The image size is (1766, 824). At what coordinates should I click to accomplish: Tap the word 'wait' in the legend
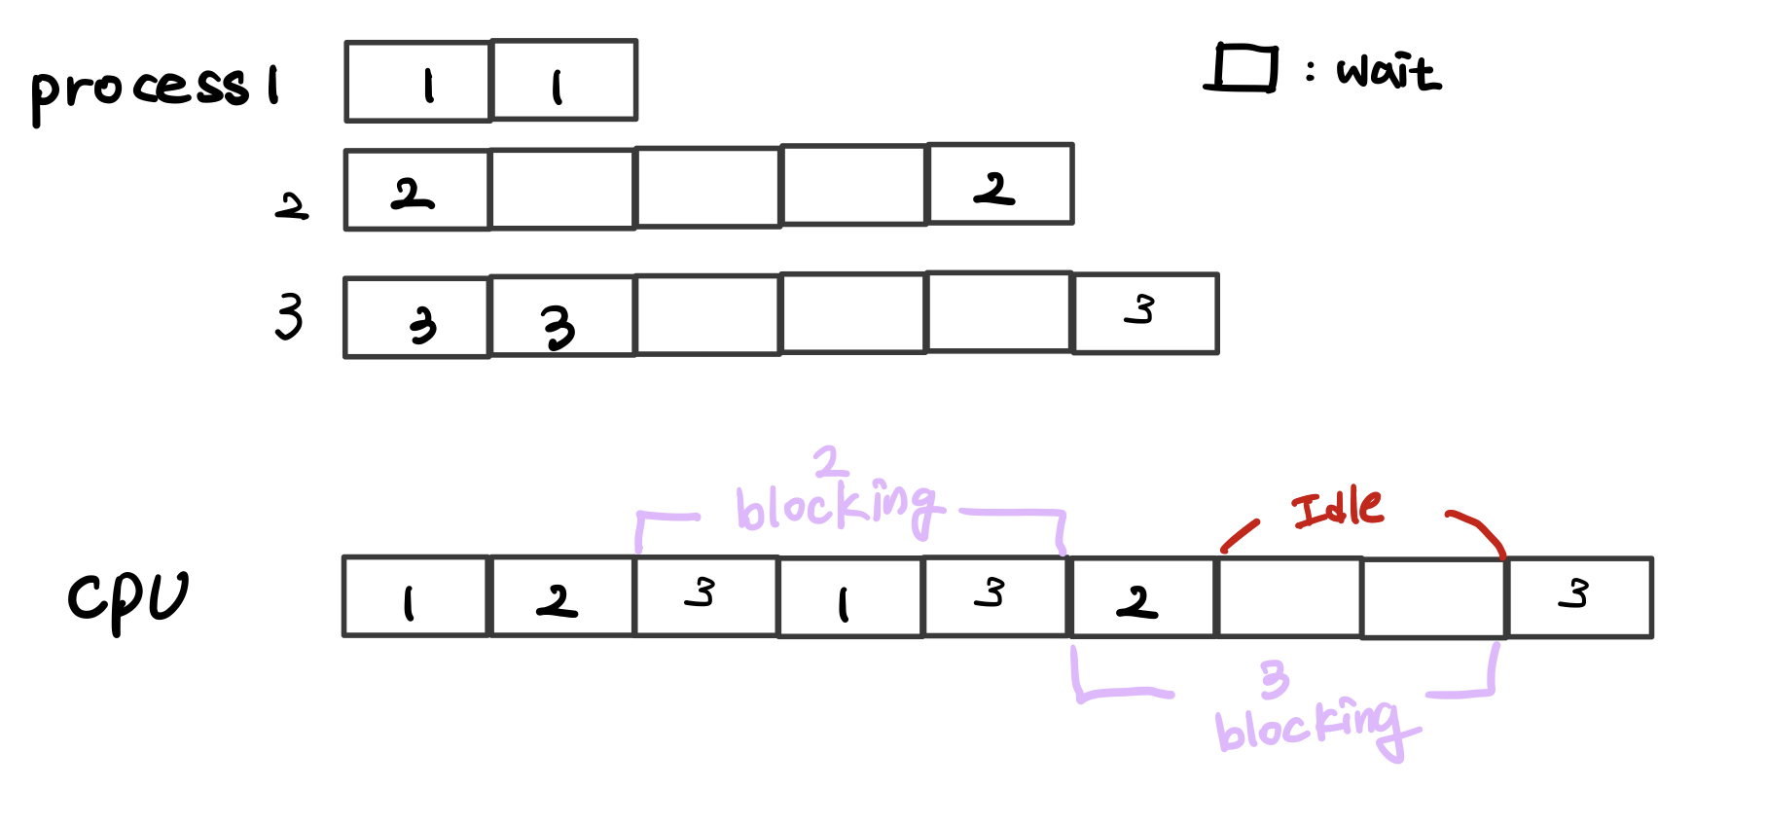tap(1388, 73)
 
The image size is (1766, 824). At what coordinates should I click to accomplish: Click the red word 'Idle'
tap(1337, 509)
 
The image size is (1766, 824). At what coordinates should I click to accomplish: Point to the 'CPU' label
tap(127, 597)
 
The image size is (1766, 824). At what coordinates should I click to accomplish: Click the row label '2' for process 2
tap(291, 206)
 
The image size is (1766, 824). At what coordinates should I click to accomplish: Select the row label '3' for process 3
tap(289, 316)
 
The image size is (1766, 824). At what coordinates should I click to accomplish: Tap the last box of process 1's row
tap(564, 81)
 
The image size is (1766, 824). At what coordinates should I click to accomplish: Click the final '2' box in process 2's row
tap(1000, 185)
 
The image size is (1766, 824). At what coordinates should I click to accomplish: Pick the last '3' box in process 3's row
tap(1145, 313)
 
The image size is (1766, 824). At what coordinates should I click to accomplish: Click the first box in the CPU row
tap(415, 596)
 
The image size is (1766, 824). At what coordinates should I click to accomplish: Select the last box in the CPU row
tap(1579, 597)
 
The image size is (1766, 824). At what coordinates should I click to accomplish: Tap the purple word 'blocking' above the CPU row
tap(838, 506)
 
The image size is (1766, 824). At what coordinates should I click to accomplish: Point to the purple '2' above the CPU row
tap(829, 461)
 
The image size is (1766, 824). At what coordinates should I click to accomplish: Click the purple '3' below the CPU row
tap(1274, 678)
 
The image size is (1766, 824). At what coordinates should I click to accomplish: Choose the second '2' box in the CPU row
tap(1142, 597)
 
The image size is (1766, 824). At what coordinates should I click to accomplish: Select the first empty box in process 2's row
tap(562, 189)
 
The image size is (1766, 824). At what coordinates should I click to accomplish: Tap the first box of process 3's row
tap(416, 318)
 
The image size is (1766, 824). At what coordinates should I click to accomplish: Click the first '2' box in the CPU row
tap(561, 596)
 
